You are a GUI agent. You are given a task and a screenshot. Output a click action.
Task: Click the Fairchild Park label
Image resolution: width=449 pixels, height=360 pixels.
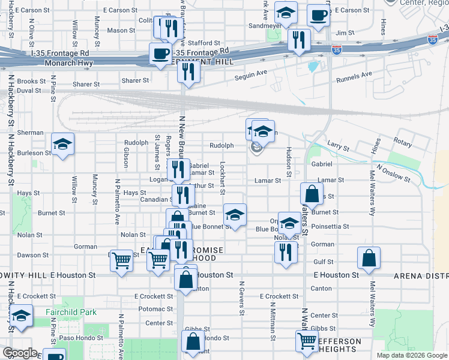pyautogui.click(x=71, y=312)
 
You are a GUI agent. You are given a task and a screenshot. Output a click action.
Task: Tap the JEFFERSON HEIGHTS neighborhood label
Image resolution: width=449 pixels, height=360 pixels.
pyautogui.click(x=339, y=346)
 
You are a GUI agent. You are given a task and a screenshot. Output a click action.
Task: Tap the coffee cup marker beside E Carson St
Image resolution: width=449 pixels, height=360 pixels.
pyautogui.click(x=318, y=15)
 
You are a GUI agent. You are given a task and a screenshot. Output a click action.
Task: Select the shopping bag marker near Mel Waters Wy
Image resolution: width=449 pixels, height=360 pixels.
pyautogui.click(x=369, y=258)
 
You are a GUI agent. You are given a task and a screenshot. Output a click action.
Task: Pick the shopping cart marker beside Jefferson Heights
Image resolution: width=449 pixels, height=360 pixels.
pyautogui.click(x=307, y=341)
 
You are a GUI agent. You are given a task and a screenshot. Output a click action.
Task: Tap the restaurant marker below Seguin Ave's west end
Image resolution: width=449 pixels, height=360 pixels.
pyautogui.click(x=189, y=72)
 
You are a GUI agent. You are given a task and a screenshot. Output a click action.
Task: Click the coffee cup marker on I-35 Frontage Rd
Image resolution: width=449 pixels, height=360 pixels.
pyautogui.click(x=160, y=54)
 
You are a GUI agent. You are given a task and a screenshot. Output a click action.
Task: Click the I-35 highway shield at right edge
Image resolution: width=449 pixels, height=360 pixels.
pyautogui.click(x=444, y=28)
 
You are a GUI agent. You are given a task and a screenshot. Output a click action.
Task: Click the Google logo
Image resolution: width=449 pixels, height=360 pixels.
pyautogui.click(x=20, y=353)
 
